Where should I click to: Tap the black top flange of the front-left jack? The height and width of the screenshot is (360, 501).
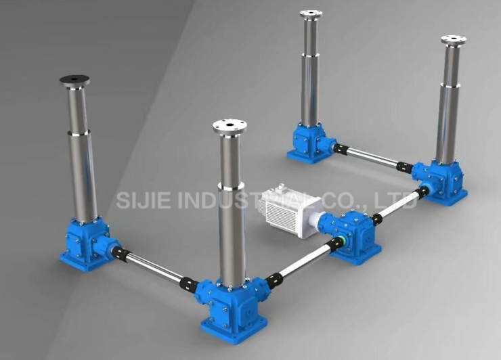coord(74,81)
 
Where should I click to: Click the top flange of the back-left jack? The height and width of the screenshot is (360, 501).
coord(311,14)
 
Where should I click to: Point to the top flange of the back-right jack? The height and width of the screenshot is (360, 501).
coord(454,41)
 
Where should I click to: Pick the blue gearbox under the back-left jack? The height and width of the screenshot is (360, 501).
coord(310,144)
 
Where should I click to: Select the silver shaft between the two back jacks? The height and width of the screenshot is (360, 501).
coord(376,157)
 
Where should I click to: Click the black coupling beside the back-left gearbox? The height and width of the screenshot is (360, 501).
coord(339,147)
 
